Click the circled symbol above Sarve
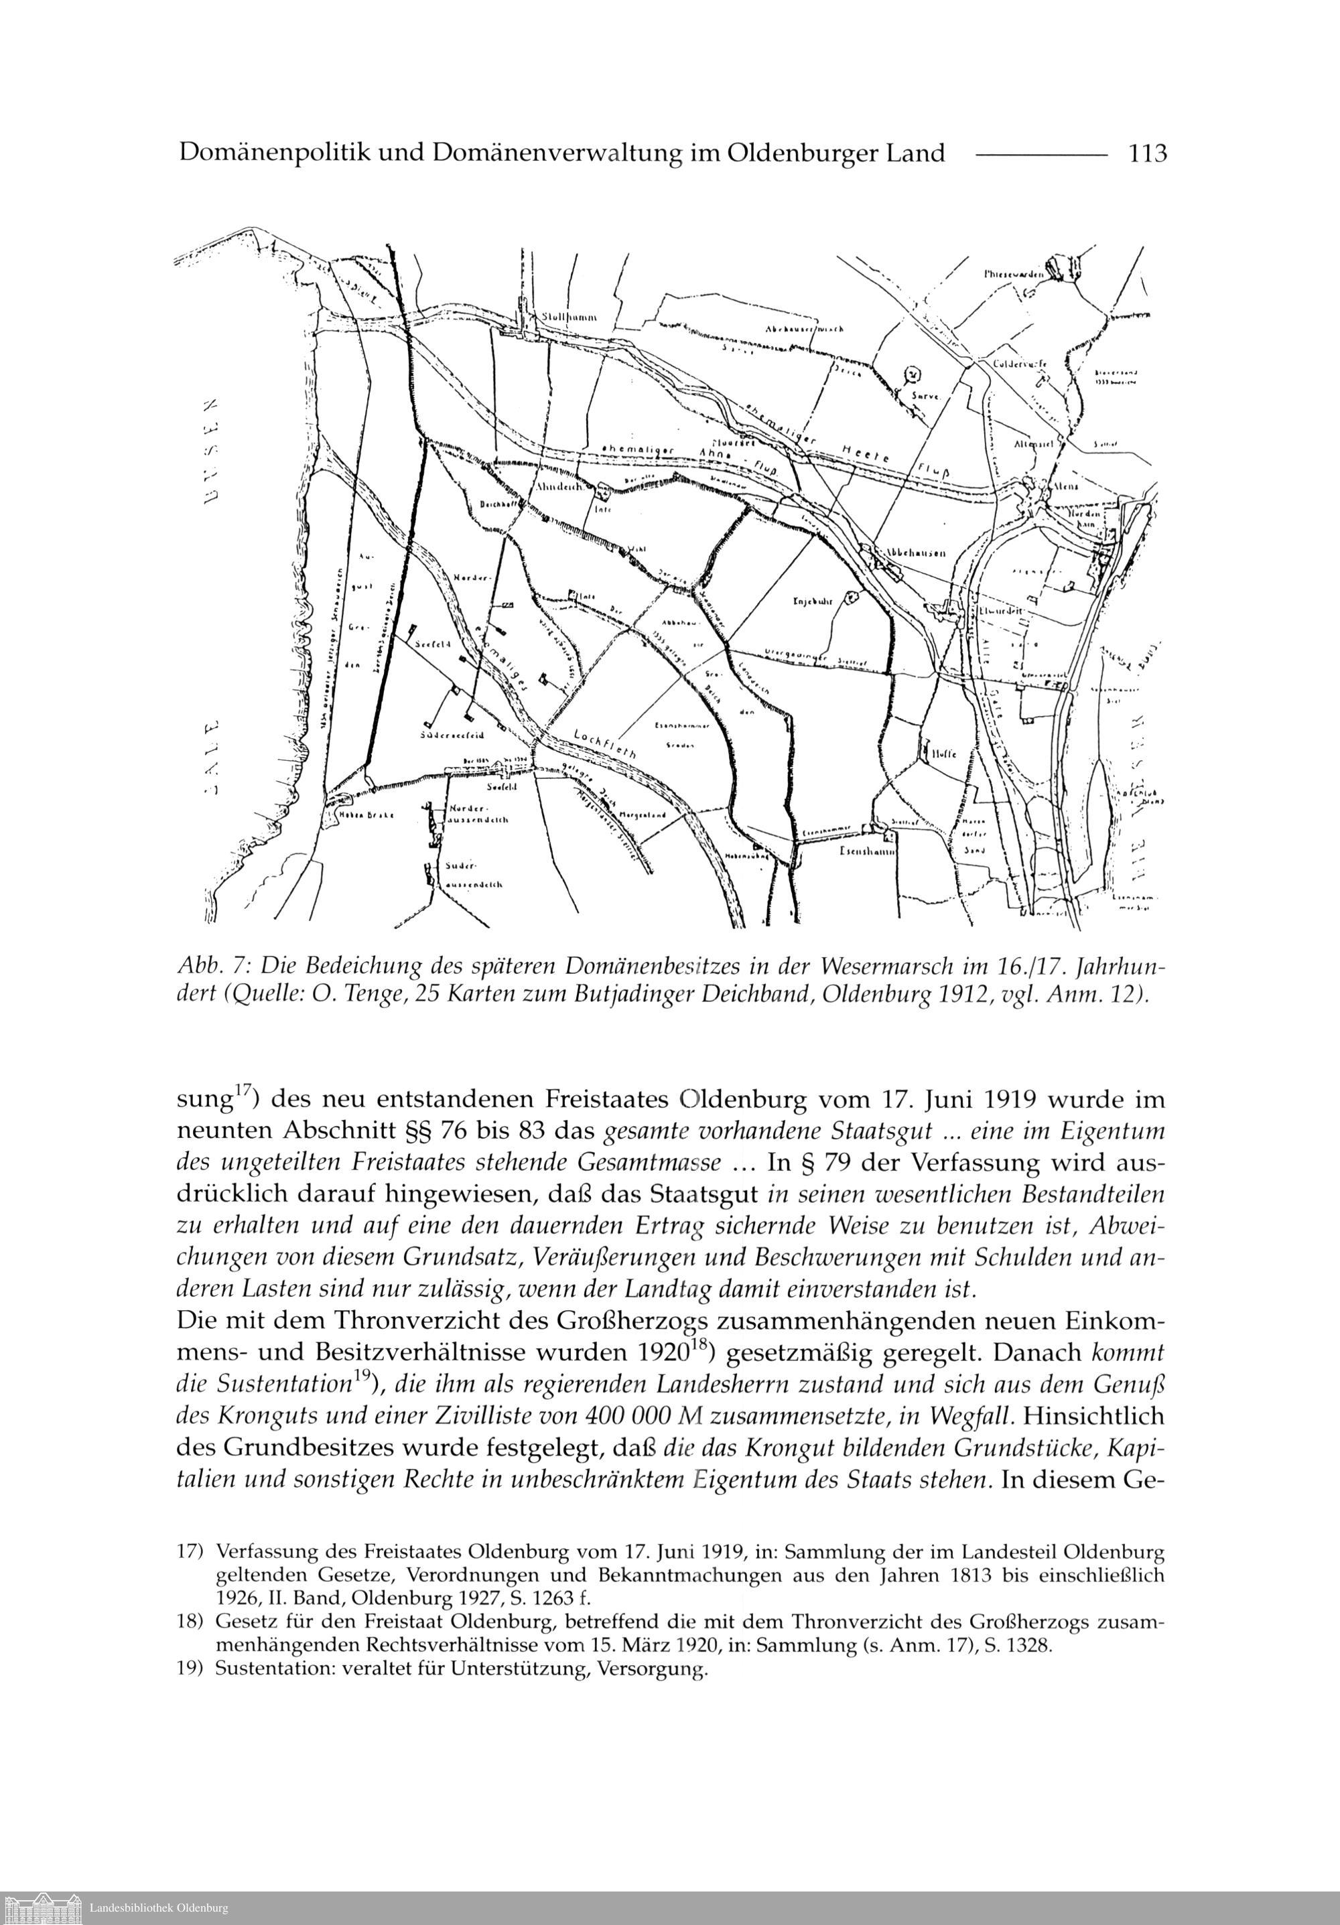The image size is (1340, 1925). point(914,375)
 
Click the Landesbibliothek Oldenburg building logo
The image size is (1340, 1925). point(42,1908)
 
